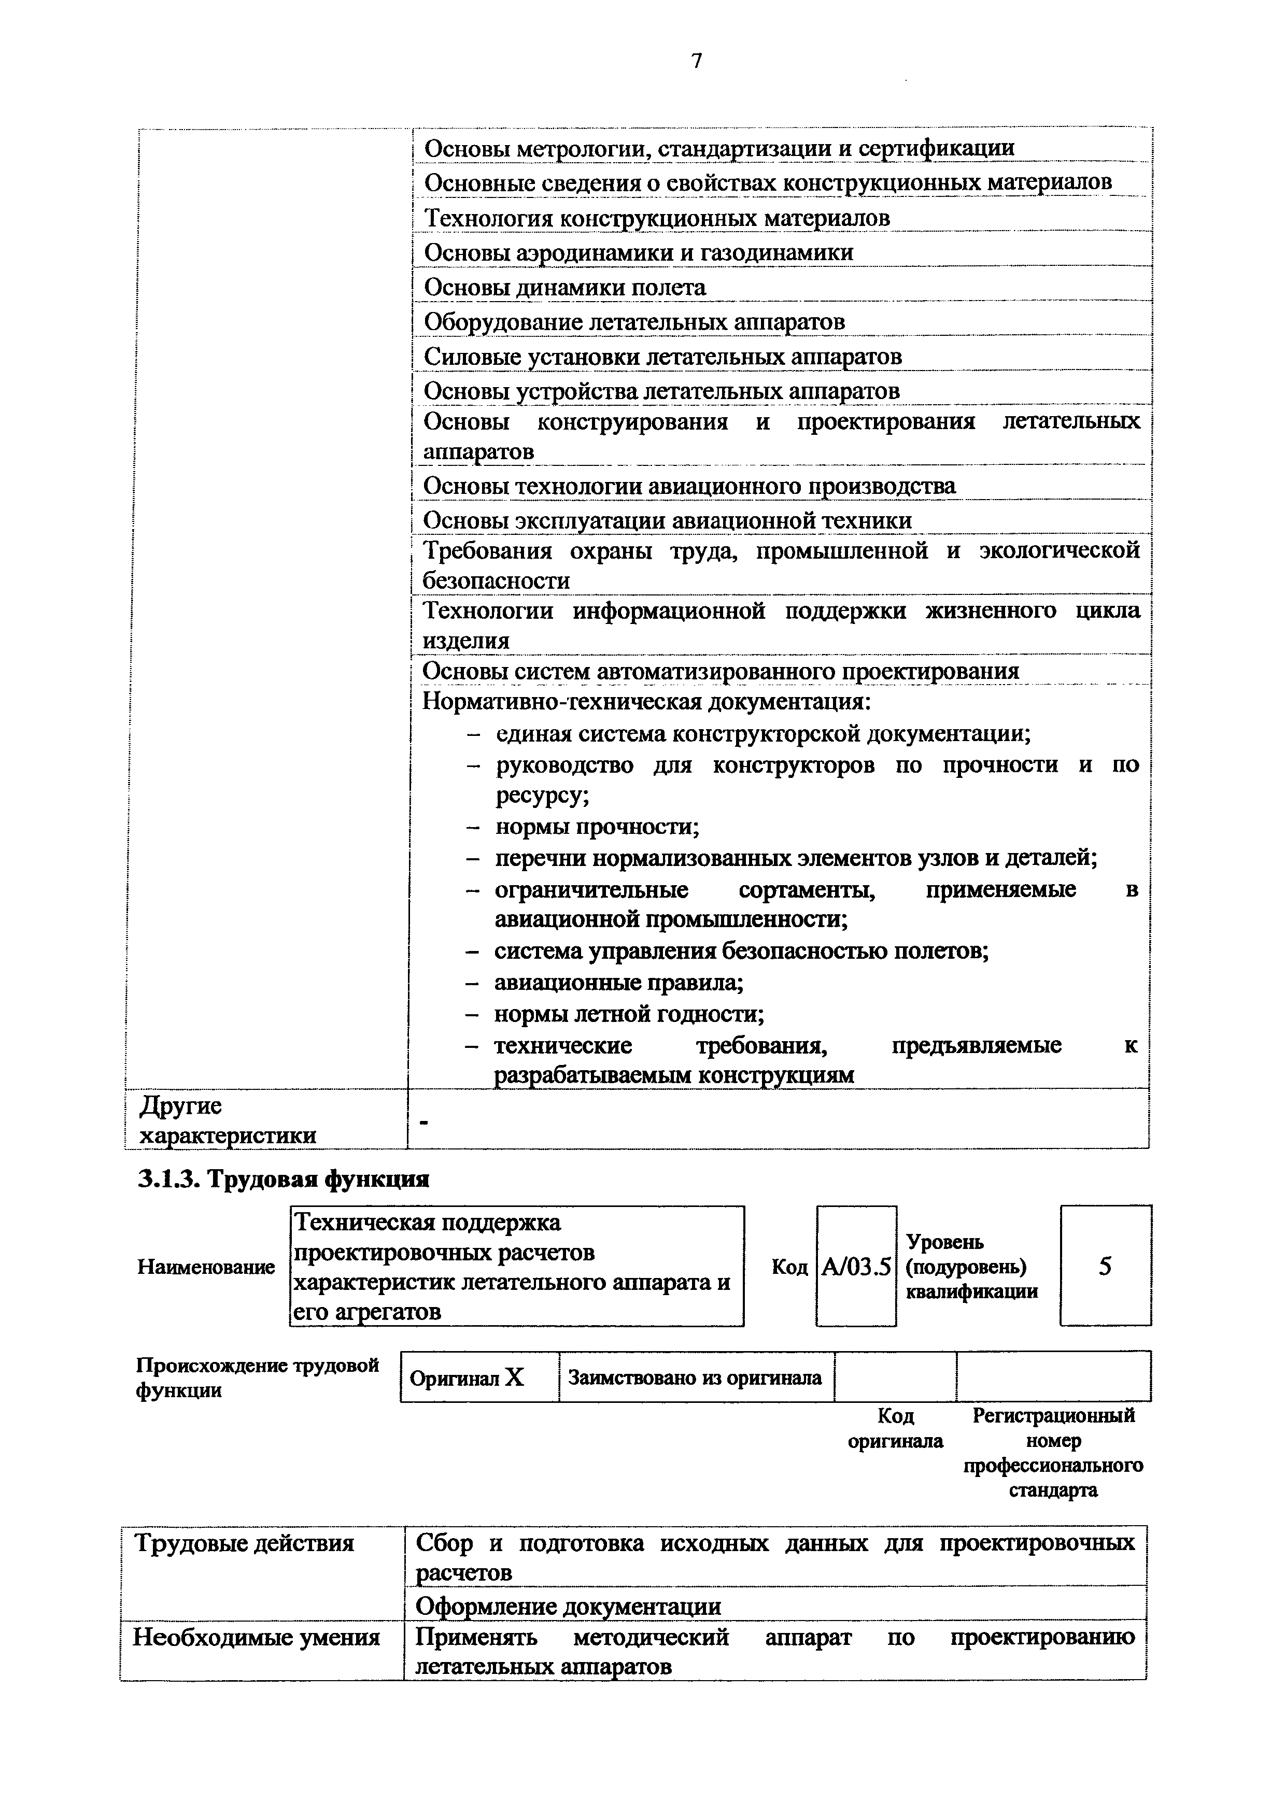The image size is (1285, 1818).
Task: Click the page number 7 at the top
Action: point(696,61)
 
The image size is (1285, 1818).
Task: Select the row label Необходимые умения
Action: point(256,1637)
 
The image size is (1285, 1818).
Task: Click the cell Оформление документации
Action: point(569,1607)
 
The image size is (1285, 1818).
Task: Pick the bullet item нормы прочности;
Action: point(597,828)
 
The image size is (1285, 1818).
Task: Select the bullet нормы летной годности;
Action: point(629,1014)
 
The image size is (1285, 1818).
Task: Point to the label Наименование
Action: point(206,1268)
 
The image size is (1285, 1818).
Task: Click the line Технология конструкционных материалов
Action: point(656,218)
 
